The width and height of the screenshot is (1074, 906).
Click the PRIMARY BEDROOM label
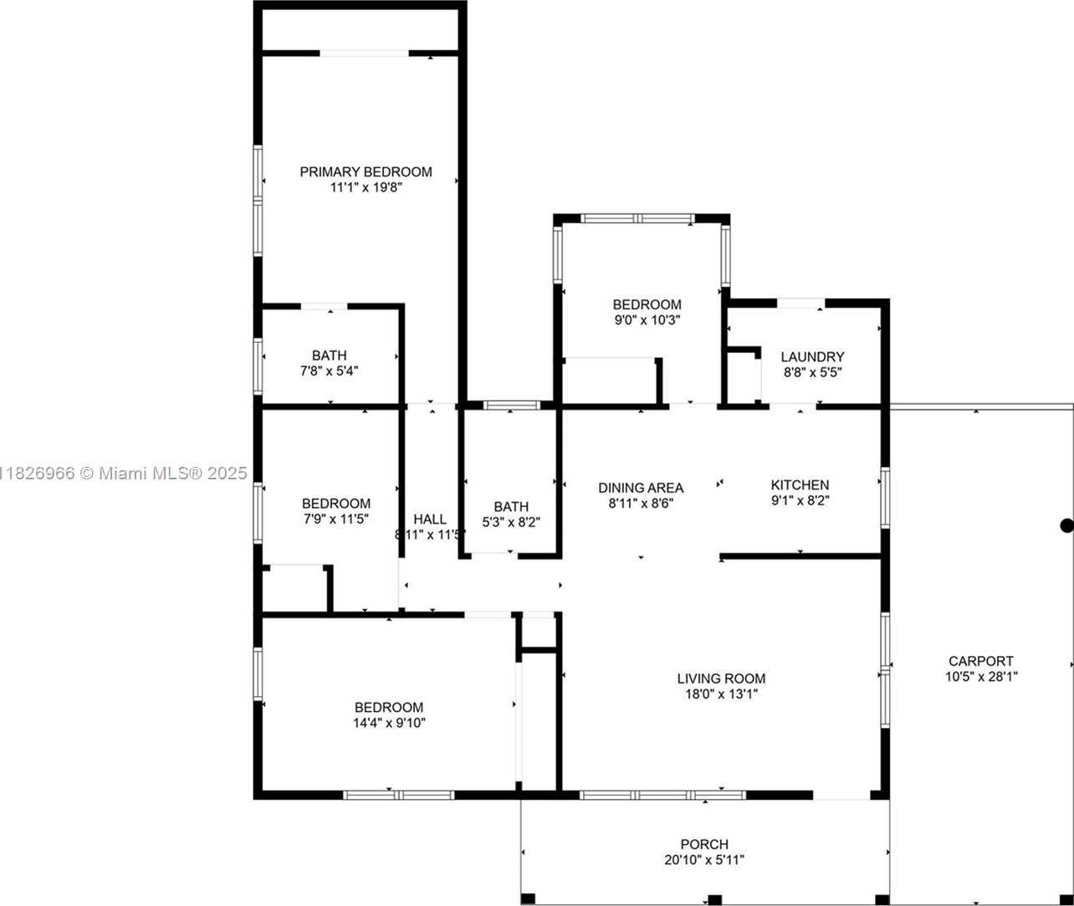(x=366, y=171)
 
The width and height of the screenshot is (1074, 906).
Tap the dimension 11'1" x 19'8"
(x=366, y=187)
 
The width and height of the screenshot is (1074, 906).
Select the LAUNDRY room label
(x=812, y=357)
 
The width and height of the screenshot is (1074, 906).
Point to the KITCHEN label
(x=800, y=484)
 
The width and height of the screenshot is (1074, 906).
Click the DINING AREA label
(x=641, y=488)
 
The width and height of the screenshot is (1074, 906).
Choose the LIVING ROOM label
(x=721, y=678)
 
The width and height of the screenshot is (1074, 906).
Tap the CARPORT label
(x=981, y=661)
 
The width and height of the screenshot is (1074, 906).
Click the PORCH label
(x=704, y=844)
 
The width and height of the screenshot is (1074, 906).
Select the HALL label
(x=430, y=520)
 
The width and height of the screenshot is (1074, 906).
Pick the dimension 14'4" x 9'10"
(x=389, y=723)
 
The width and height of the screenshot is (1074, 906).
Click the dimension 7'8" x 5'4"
(x=330, y=371)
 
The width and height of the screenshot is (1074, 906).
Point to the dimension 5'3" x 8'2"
(x=511, y=522)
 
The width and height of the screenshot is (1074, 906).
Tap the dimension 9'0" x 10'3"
(x=647, y=320)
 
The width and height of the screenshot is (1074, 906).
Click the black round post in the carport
(x=1066, y=526)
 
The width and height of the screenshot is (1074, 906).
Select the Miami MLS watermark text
(x=124, y=473)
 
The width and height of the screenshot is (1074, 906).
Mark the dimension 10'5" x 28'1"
(x=981, y=677)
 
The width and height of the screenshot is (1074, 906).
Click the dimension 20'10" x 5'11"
(x=704, y=860)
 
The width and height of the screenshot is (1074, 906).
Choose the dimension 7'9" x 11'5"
(x=336, y=519)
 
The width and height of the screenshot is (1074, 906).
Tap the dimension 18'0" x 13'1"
(x=721, y=694)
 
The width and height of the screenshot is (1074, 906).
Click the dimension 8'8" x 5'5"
(x=812, y=372)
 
